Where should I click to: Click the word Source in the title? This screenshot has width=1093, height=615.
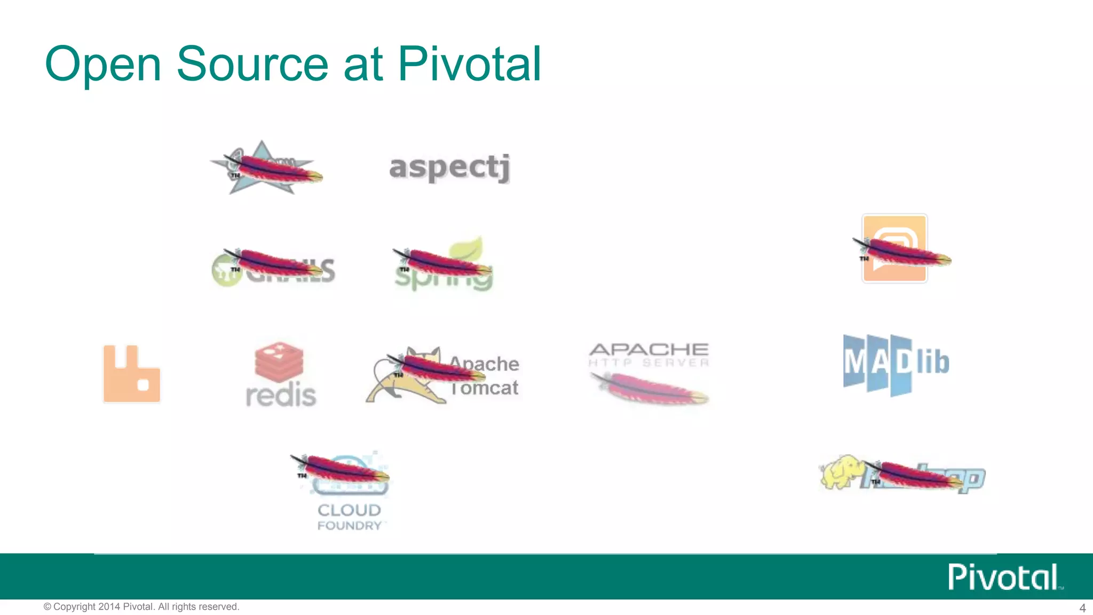[252, 64]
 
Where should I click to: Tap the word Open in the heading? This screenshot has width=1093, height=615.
[103, 65]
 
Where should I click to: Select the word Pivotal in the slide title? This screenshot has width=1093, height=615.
[469, 64]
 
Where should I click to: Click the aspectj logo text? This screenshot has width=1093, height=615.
[449, 168]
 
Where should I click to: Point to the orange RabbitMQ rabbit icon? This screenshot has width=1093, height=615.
[131, 374]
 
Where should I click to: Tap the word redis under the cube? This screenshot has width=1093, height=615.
[281, 395]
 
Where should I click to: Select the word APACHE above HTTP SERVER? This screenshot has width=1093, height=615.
[649, 350]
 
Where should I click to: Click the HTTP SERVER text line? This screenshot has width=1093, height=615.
[649, 363]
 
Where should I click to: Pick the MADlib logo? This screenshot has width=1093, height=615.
[896, 364]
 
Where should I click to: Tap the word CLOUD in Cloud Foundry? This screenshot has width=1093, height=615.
[349, 510]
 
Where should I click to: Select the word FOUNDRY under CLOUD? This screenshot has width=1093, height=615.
[349, 526]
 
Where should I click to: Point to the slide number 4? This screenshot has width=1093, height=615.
[1082, 608]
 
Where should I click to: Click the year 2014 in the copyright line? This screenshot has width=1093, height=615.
[109, 607]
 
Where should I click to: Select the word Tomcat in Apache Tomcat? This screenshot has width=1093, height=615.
[485, 388]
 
